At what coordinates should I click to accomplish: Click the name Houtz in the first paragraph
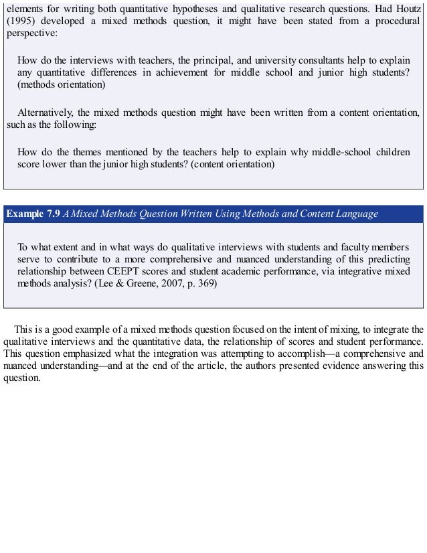coord(408,7)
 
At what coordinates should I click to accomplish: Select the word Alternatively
coord(46,112)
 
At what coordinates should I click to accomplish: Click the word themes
coord(87,151)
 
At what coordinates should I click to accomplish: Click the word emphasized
coord(81,354)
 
